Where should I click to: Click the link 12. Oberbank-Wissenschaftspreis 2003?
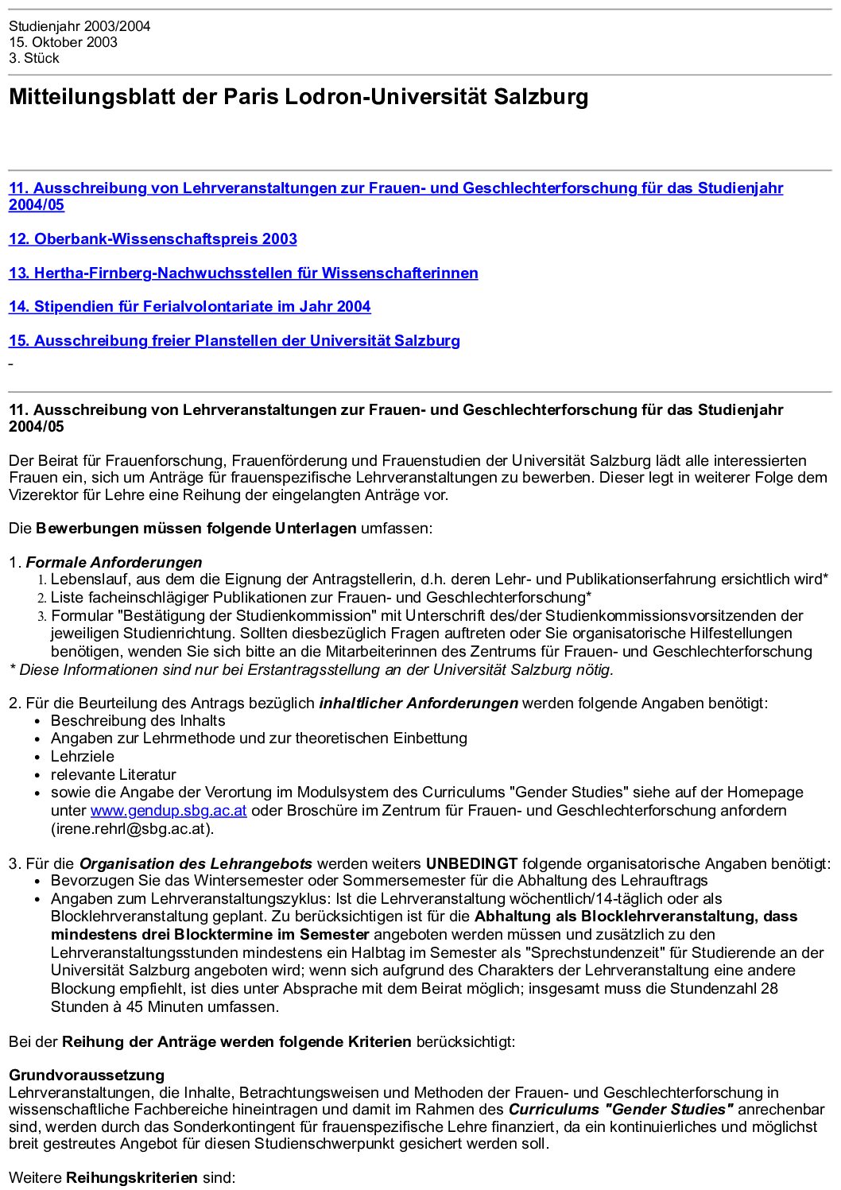pos(153,239)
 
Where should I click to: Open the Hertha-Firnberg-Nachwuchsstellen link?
pos(243,273)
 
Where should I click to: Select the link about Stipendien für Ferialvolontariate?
pos(189,307)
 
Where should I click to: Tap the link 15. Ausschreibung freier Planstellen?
pos(234,341)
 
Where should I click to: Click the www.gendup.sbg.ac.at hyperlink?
pos(169,811)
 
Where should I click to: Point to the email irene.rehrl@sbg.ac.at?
pos(132,829)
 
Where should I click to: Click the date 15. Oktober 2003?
pos(63,42)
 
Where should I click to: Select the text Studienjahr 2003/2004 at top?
pos(79,26)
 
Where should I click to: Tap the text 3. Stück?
pos(34,58)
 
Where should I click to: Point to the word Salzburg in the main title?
pos(541,97)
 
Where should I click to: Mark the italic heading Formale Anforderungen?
pos(114,563)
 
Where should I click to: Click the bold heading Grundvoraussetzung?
pos(87,1076)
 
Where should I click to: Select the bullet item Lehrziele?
pos(83,757)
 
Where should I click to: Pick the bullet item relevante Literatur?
pos(114,775)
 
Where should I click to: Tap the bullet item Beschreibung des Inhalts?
pos(138,721)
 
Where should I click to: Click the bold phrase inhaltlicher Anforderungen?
pos(418,704)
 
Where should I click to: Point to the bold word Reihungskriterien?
pos(132,1177)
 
